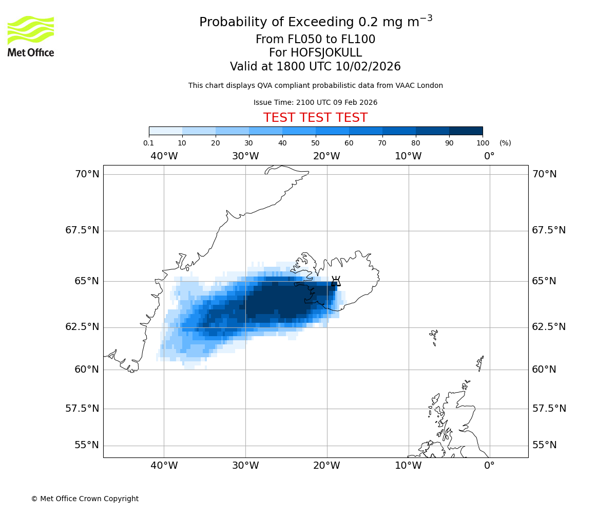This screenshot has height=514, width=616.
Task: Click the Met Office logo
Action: point(31,36)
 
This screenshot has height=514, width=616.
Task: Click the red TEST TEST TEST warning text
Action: point(315,118)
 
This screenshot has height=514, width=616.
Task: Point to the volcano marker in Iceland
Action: point(336,281)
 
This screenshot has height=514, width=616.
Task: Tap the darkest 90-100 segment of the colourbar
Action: point(466,131)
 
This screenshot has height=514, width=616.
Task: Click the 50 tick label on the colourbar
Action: point(315,143)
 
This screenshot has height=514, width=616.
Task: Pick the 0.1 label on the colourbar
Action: point(148,143)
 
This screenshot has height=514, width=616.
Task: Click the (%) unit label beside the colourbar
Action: point(505,143)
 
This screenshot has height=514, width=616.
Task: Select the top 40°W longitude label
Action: point(164,156)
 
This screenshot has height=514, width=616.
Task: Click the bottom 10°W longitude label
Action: point(408,466)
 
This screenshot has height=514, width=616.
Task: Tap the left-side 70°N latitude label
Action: point(87,174)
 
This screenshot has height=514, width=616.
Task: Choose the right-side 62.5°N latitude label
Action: point(549,327)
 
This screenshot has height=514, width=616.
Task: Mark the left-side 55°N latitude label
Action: point(86,445)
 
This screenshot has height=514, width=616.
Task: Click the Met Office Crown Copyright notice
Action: point(85,499)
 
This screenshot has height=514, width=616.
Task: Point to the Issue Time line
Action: point(315,103)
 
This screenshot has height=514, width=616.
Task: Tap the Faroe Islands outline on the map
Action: point(434,337)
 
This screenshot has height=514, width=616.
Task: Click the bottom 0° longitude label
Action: point(489,466)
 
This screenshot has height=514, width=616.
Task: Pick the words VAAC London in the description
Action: point(421,86)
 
